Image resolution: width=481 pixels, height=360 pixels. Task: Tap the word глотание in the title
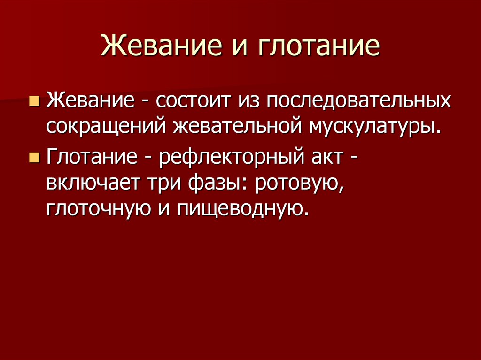[318, 47]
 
